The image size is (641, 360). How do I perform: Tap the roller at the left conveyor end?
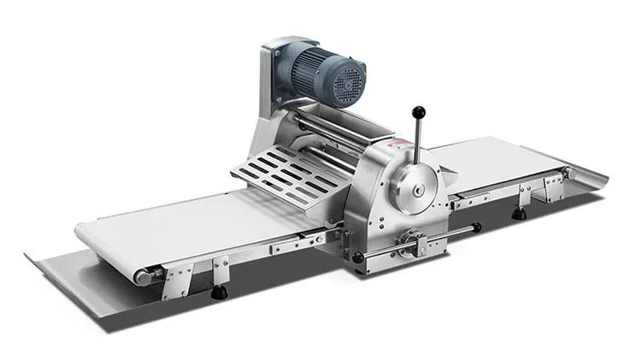(x=144, y=276)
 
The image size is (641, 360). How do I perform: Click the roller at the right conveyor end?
(x=567, y=174)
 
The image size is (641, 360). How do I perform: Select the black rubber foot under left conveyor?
(x=219, y=292)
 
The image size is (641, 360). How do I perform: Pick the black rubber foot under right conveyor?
(x=519, y=214)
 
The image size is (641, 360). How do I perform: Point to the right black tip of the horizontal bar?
(x=476, y=227)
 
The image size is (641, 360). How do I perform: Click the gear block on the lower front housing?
(x=414, y=242)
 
